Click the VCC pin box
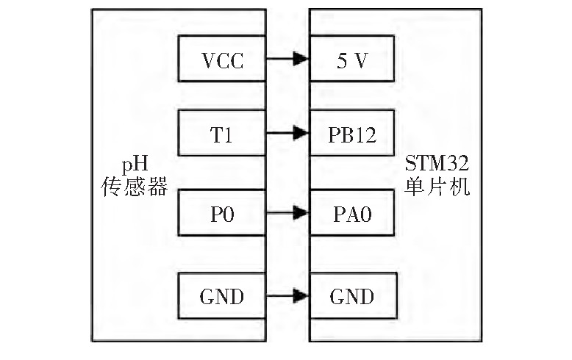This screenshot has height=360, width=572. [221, 60]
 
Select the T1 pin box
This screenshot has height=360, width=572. [221, 133]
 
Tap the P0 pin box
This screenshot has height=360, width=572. [221, 214]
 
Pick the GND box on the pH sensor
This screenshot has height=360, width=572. [221, 296]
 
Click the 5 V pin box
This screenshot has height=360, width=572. [353, 60]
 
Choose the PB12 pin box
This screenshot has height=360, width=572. [353, 133]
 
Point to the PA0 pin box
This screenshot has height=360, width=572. [353, 214]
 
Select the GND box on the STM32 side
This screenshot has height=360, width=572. [353, 296]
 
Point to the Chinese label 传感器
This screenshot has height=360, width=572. [133, 187]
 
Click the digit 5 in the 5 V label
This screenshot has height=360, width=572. [341, 60]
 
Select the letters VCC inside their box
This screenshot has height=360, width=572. [221, 60]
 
